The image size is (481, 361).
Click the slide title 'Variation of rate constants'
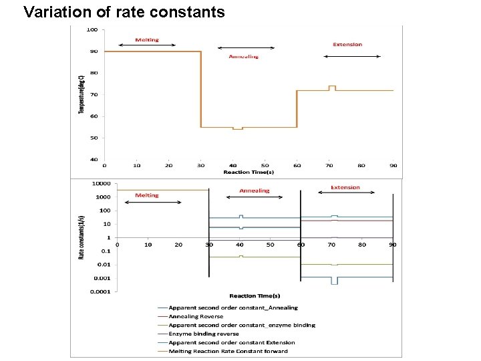[x=124, y=11]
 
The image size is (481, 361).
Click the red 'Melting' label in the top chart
[x=147, y=39]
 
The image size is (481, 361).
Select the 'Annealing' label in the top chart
[x=243, y=56]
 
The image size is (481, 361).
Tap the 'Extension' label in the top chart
[x=347, y=44]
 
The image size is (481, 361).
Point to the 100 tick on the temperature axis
[x=92, y=29]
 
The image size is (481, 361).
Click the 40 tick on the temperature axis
[x=94, y=160]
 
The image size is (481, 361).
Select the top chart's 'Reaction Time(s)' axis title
[x=249, y=172]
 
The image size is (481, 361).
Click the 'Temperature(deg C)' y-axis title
[x=82, y=94]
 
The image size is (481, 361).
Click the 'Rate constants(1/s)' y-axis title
[x=82, y=237]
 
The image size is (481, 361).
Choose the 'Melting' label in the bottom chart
[x=147, y=195]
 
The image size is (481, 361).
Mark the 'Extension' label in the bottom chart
[x=345, y=187]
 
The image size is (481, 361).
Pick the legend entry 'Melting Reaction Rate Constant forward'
[x=228, y=351]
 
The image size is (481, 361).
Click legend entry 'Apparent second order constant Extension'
[x=231, y=342]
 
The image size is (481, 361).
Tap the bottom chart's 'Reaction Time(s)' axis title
[x=255, y=295]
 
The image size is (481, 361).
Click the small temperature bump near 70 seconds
[x=332, y=87]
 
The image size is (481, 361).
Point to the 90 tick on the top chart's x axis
[x=393, y=165]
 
